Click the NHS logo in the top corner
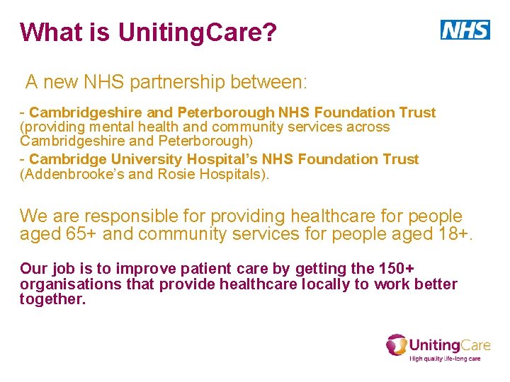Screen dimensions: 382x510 point(465,30)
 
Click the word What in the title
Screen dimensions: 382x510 point(48,32)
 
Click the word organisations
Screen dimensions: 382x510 point(63,284)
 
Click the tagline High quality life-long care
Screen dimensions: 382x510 point(446,359)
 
